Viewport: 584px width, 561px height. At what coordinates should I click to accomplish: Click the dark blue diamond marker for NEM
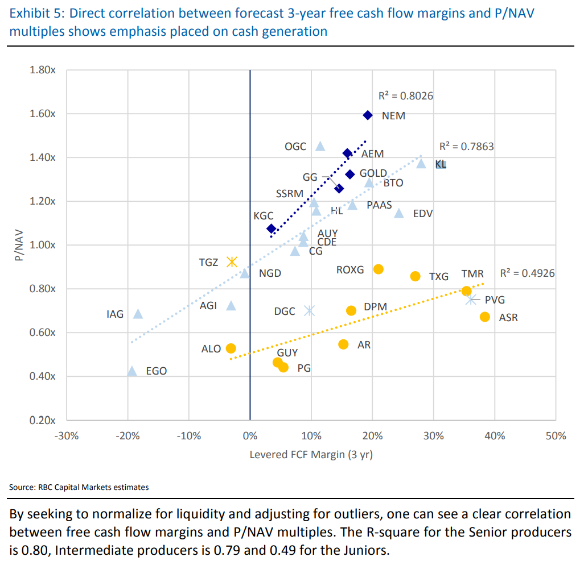[368, 115]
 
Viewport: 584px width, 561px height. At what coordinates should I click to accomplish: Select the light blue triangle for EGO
[132, 371]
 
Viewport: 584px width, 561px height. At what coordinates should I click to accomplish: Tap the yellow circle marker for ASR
[485, 317]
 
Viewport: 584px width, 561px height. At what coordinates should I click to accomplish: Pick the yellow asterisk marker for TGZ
[232, 261]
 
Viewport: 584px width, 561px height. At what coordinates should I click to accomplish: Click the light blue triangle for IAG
[138, 313]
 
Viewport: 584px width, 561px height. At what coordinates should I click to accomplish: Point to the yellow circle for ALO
[231, 348]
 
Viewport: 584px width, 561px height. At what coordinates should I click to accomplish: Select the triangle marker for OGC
[320, 146]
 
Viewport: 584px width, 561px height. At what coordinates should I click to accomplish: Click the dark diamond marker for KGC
[272, 228]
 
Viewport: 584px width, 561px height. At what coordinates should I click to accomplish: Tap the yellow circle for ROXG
[379, 269]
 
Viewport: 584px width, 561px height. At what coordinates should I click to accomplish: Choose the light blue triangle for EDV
[399, 213]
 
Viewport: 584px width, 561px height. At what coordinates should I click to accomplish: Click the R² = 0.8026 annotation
[406, 96]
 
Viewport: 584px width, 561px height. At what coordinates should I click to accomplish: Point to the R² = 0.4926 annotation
[527, 273]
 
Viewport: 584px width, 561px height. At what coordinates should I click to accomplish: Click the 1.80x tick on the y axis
[42, 70]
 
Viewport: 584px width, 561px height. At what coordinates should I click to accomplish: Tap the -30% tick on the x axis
[66, 437]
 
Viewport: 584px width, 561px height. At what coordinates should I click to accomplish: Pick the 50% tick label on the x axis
[556, 437]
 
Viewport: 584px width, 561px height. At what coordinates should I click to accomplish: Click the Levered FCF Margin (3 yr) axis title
[311, 455]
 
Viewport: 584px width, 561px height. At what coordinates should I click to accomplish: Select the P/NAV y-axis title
[19, 246]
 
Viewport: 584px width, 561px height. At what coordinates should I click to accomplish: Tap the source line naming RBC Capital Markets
[79, 487]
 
